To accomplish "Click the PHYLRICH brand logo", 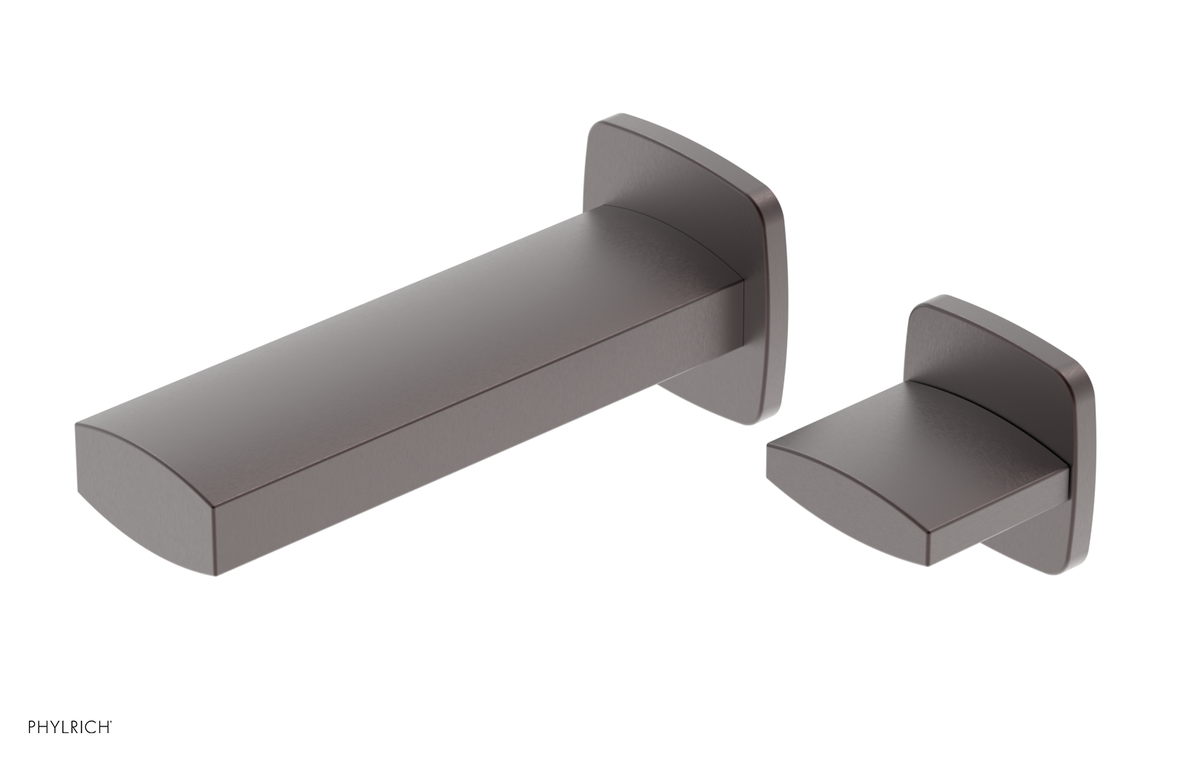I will tap(70, 727).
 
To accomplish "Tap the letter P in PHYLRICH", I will tap(32, 727).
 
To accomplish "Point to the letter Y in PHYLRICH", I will tap(54, 727).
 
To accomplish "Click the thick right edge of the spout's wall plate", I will tap(775, 311).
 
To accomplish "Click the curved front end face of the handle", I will tap(845, 489).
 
